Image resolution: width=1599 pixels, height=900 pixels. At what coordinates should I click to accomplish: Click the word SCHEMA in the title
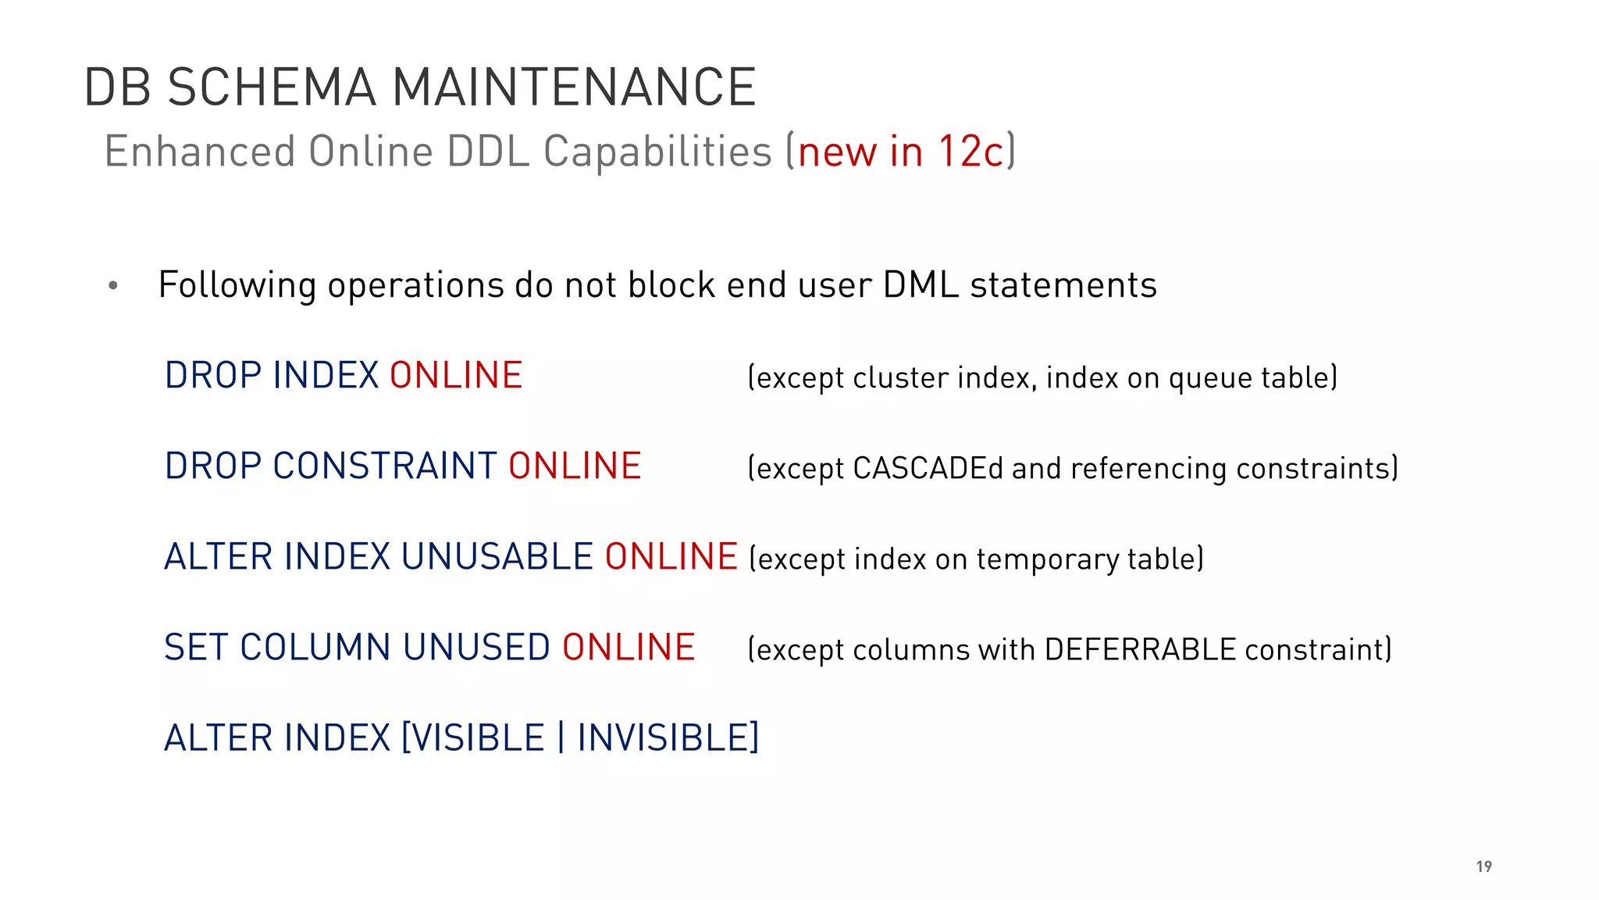(272, 87)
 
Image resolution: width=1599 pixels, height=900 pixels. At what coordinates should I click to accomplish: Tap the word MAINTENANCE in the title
(574, 87)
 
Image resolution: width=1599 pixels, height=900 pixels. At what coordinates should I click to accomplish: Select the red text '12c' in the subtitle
(970, 151)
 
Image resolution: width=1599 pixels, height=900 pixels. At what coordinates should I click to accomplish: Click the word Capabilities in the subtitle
(657, 151)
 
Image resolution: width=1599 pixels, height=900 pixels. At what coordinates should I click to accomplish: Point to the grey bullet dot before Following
(113, 286)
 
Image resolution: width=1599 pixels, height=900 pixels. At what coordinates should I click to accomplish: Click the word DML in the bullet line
(921, 284)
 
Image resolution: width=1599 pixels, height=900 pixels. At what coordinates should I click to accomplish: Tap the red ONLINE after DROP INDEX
(456, 376)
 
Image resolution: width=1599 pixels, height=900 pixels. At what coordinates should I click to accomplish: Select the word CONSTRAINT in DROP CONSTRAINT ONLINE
(385, 466)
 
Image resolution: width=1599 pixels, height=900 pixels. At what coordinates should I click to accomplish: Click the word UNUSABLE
(497, 557)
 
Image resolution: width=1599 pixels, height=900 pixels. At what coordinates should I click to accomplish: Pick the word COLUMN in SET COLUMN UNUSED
(315, 648)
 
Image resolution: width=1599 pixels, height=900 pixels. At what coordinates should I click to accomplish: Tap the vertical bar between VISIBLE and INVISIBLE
(561, 738)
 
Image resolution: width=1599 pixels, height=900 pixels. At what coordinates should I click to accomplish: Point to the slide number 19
(1483, 866)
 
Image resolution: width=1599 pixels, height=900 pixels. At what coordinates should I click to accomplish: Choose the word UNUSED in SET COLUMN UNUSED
(476, 648)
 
